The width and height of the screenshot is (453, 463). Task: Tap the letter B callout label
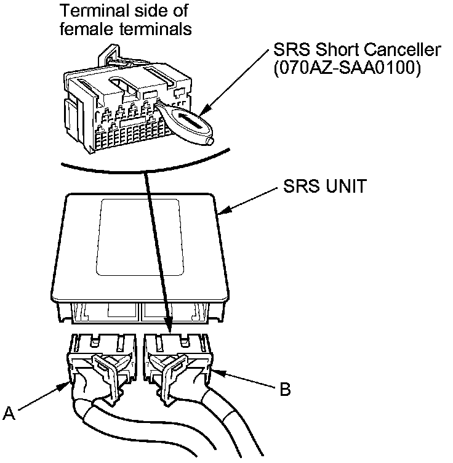[x=285, y=389]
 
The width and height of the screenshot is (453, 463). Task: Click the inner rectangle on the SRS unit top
[x=142, y=237]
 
